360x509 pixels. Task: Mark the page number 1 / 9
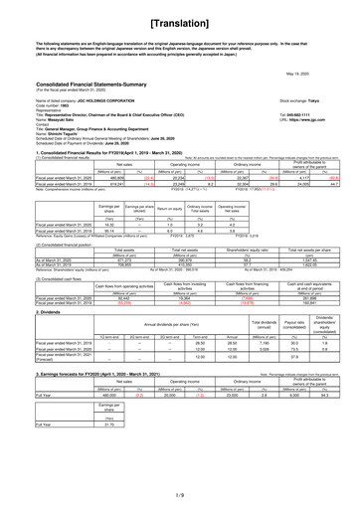pos(180,495)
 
